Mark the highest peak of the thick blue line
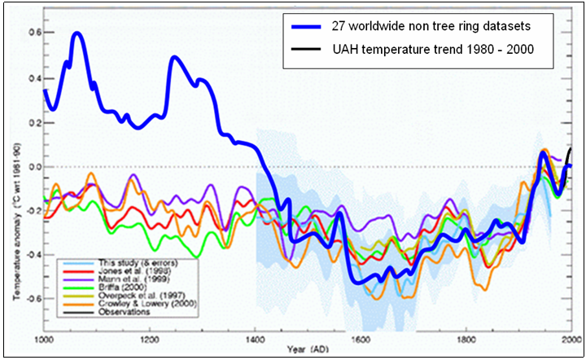pyautogui.click(x=78, y=33)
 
